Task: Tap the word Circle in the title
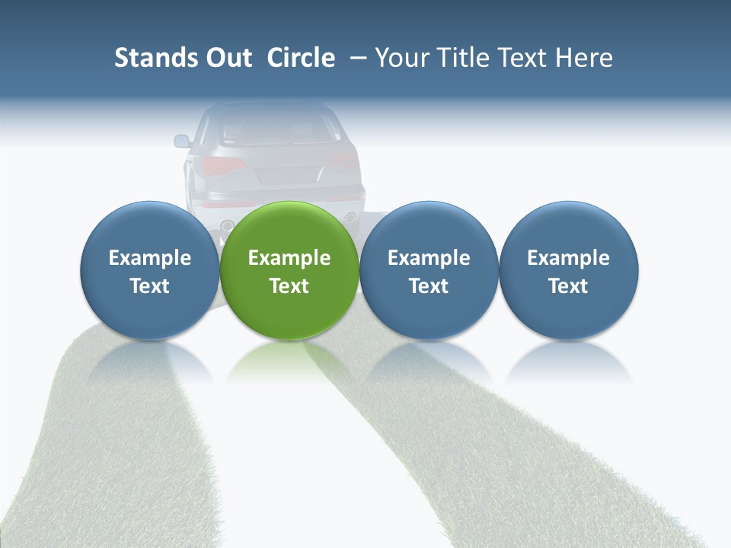pyautogui.click(x=301, y=58)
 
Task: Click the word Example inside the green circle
pyautogui.click(x=289, y=258)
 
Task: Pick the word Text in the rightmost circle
pyautogui.click(x=569, y=286)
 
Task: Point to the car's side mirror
pyautogui.click(x=182, y=141)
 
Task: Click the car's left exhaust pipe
pyautogui.click(x=227, y=225)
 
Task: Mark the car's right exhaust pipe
pyautogui.click(x=351, y=218)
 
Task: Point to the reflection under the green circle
pyautogui.click(x=289, y=358)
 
